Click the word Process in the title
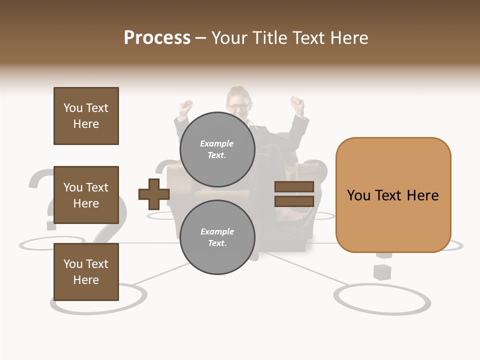[x=157, y=37]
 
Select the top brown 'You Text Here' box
[x=86, y=116]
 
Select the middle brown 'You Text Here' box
[x=86, y=195]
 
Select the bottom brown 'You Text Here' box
[x=86, y=271]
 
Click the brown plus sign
[x=154, y=194]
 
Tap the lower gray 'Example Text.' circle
[x=217, y=237]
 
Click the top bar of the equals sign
[x=294, y=187]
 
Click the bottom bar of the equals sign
[x=294, y=201]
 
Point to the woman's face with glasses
[x=238, y=103]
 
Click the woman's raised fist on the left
[x=186, y=107]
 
